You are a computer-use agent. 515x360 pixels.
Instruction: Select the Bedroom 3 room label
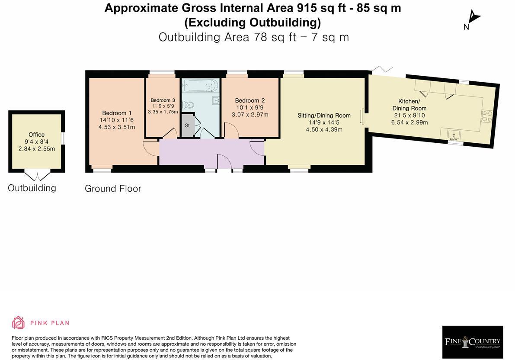[163, 100]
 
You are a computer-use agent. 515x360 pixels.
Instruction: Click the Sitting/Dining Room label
[324, 116]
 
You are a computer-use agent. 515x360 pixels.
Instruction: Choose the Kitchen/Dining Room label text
[409, 105]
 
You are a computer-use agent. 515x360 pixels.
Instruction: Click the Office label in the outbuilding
[36, 135]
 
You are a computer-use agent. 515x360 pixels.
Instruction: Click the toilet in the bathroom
[188, 105]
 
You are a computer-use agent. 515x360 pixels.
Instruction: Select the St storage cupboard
[187, 125]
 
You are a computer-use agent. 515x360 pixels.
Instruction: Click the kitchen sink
[453, 135]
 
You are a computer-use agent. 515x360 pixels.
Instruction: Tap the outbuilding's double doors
[37, 176]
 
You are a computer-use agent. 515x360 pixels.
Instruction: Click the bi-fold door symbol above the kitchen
[383, 69]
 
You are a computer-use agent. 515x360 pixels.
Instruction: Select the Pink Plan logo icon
[18, 323]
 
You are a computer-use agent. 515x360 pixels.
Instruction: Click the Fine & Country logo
[472, 342]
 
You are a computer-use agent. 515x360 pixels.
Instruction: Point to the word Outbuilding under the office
[32, 188]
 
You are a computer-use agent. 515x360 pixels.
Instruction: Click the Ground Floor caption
[113, 189]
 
